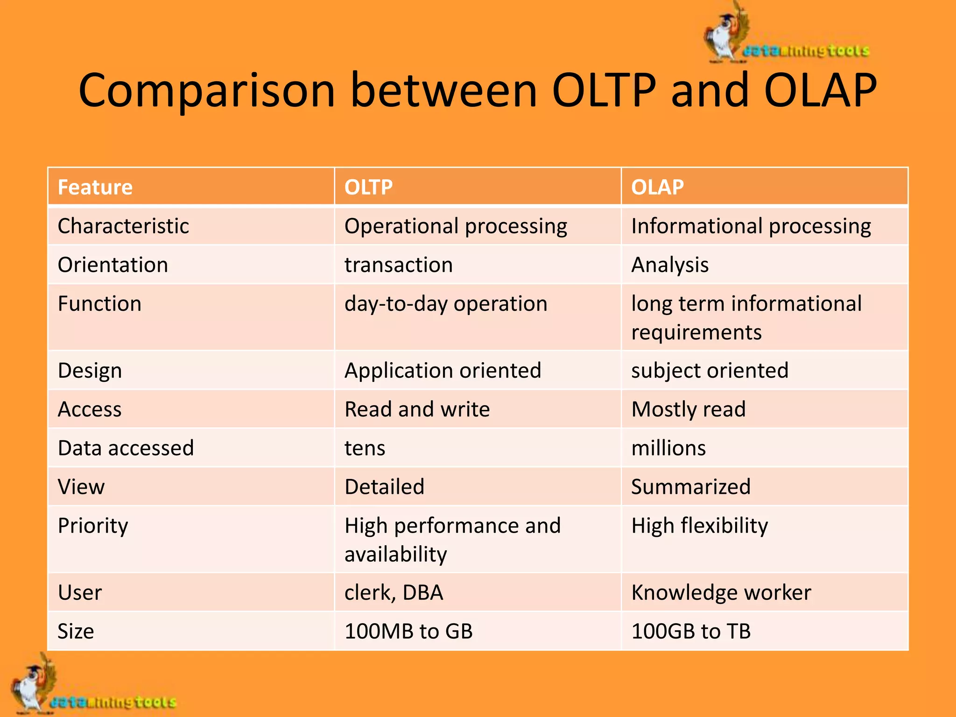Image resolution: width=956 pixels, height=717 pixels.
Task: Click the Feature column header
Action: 95,187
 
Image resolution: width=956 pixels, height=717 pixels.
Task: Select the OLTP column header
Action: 368,187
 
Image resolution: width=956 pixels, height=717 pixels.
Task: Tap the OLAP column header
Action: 657,187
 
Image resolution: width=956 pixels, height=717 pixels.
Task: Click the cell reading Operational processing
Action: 456,226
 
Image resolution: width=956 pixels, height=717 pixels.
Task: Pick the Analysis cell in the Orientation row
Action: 670,265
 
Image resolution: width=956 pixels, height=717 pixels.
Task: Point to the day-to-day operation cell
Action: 446,304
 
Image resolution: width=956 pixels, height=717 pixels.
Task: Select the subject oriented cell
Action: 710,371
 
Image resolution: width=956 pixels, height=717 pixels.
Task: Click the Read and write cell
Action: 417,409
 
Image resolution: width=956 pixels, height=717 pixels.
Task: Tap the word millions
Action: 668,448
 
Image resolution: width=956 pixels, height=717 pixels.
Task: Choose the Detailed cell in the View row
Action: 384,487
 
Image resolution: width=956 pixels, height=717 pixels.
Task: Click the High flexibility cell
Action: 699,526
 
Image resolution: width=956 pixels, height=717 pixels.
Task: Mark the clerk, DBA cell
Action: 394,593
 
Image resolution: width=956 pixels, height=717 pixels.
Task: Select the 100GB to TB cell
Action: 691,632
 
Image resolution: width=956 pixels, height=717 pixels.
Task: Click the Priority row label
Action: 93,526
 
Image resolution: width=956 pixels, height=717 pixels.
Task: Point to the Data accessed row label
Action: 126,448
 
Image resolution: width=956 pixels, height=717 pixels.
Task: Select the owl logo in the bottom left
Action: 33,686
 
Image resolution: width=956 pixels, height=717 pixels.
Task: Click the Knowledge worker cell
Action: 721,593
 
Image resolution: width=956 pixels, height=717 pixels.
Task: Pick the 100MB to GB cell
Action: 408,632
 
